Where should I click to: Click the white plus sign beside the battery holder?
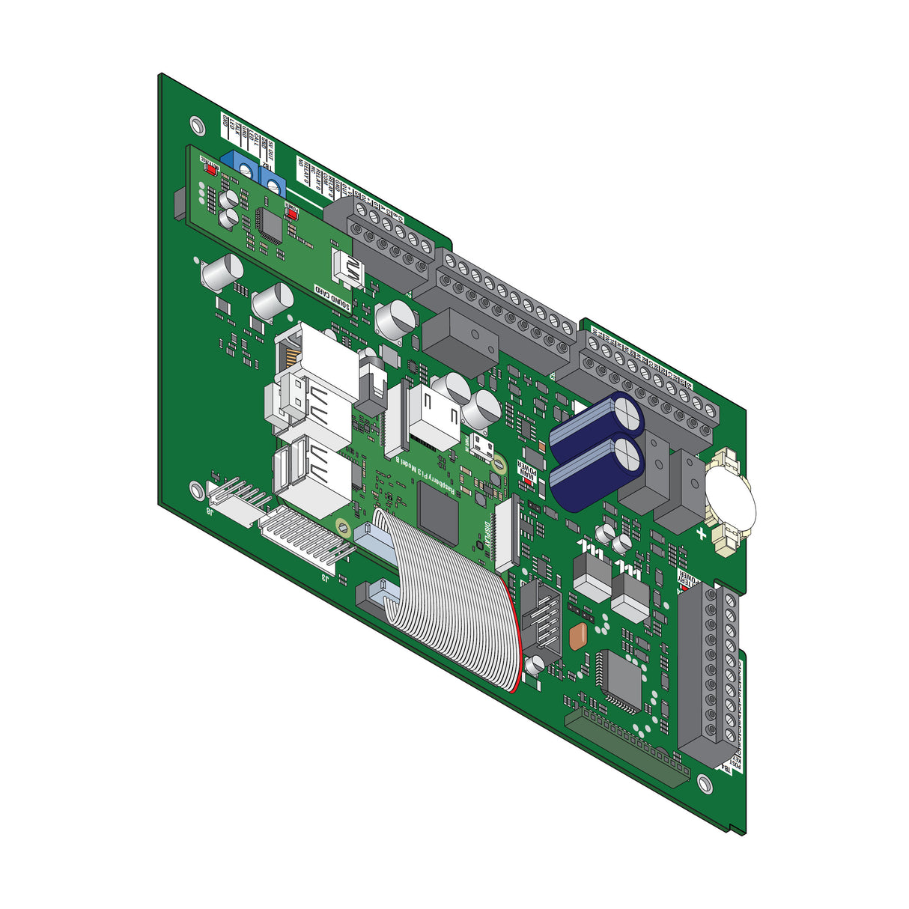(701, 533)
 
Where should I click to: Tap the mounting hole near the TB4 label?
(703, 782)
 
